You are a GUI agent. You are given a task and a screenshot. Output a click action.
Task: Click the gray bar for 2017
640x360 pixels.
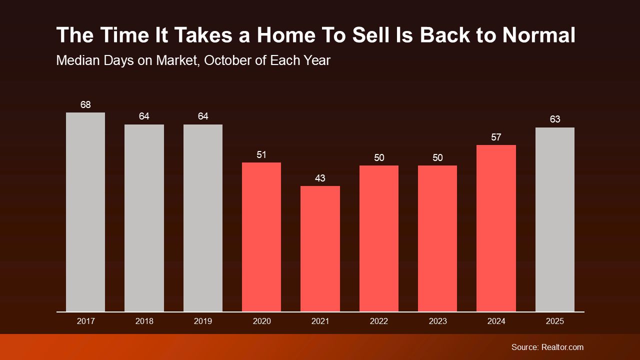(85, 212)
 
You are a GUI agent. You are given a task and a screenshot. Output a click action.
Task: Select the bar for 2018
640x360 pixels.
(144, 218)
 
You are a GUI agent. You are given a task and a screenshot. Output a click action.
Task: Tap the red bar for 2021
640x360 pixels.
(320, 249)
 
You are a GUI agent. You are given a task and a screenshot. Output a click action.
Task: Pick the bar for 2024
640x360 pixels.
(496, 228)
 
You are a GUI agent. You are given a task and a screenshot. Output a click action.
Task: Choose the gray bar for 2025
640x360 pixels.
(555, 219)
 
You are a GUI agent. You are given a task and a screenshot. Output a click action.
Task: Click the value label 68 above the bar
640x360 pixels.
(85, 105)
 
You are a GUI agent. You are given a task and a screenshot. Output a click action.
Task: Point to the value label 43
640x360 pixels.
(320, 178)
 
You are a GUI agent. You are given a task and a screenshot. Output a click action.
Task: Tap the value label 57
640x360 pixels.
(496, 137)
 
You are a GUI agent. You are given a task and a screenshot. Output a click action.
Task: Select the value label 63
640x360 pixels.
(555, 119)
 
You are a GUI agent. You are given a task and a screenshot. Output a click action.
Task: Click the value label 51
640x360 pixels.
(261, 155)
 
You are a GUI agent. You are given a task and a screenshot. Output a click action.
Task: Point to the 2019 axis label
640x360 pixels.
(203, 321)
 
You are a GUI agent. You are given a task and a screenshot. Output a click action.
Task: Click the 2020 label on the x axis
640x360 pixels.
(261, 321)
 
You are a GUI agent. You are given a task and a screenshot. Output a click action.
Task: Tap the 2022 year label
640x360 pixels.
(379, 321)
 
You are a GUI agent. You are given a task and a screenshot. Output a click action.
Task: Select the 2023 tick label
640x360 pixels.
(437, 321)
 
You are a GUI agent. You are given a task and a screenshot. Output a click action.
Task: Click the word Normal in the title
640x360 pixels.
(539, 35)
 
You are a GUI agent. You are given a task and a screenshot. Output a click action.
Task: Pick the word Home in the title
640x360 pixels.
(286, 35)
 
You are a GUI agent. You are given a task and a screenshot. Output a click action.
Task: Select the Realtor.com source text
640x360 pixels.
(562, 347)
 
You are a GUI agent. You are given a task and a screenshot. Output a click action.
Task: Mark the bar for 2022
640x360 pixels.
(379, 238)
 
